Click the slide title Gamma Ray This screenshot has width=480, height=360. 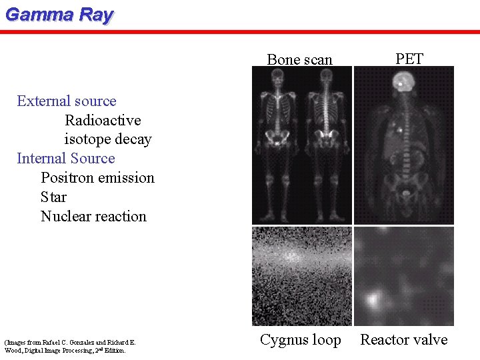[59, 15]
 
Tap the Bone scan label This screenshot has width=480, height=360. [299, 59]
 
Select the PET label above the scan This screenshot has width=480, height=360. [409, 59]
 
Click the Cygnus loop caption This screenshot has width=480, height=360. [300, 340]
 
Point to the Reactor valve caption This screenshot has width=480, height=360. [404, 340]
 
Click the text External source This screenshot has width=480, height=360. [67, 101]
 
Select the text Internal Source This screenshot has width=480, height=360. [66, 159]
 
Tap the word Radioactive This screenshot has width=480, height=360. [103, 121]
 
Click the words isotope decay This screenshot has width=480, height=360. [108, 140]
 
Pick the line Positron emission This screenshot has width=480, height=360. [97, 178]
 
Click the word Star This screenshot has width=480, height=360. [53, 197]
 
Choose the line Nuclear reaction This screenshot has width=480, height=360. [93, 217]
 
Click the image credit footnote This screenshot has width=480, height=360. [70, 346]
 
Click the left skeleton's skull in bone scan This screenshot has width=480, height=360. [277, 79]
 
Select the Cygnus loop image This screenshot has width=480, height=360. [301, 276]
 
